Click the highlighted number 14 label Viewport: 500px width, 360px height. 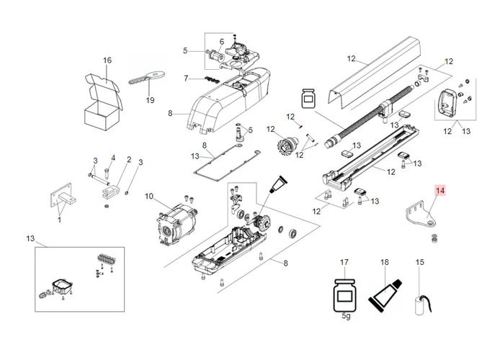click(440, 191)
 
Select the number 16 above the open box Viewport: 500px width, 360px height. click(107, 60)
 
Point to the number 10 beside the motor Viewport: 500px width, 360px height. click(149, 196)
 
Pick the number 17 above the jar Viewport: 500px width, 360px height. click(344, 262)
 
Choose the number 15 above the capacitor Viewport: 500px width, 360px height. click(420, 262)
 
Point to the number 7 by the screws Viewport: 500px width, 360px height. click(185, 78)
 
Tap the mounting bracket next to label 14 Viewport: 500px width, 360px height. click(419, 213)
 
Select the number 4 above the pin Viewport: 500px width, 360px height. click(113, 158)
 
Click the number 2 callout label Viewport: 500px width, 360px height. click(129, 160)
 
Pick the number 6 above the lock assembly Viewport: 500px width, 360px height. click(222, 41)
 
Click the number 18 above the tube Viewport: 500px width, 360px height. click(385, 262)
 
